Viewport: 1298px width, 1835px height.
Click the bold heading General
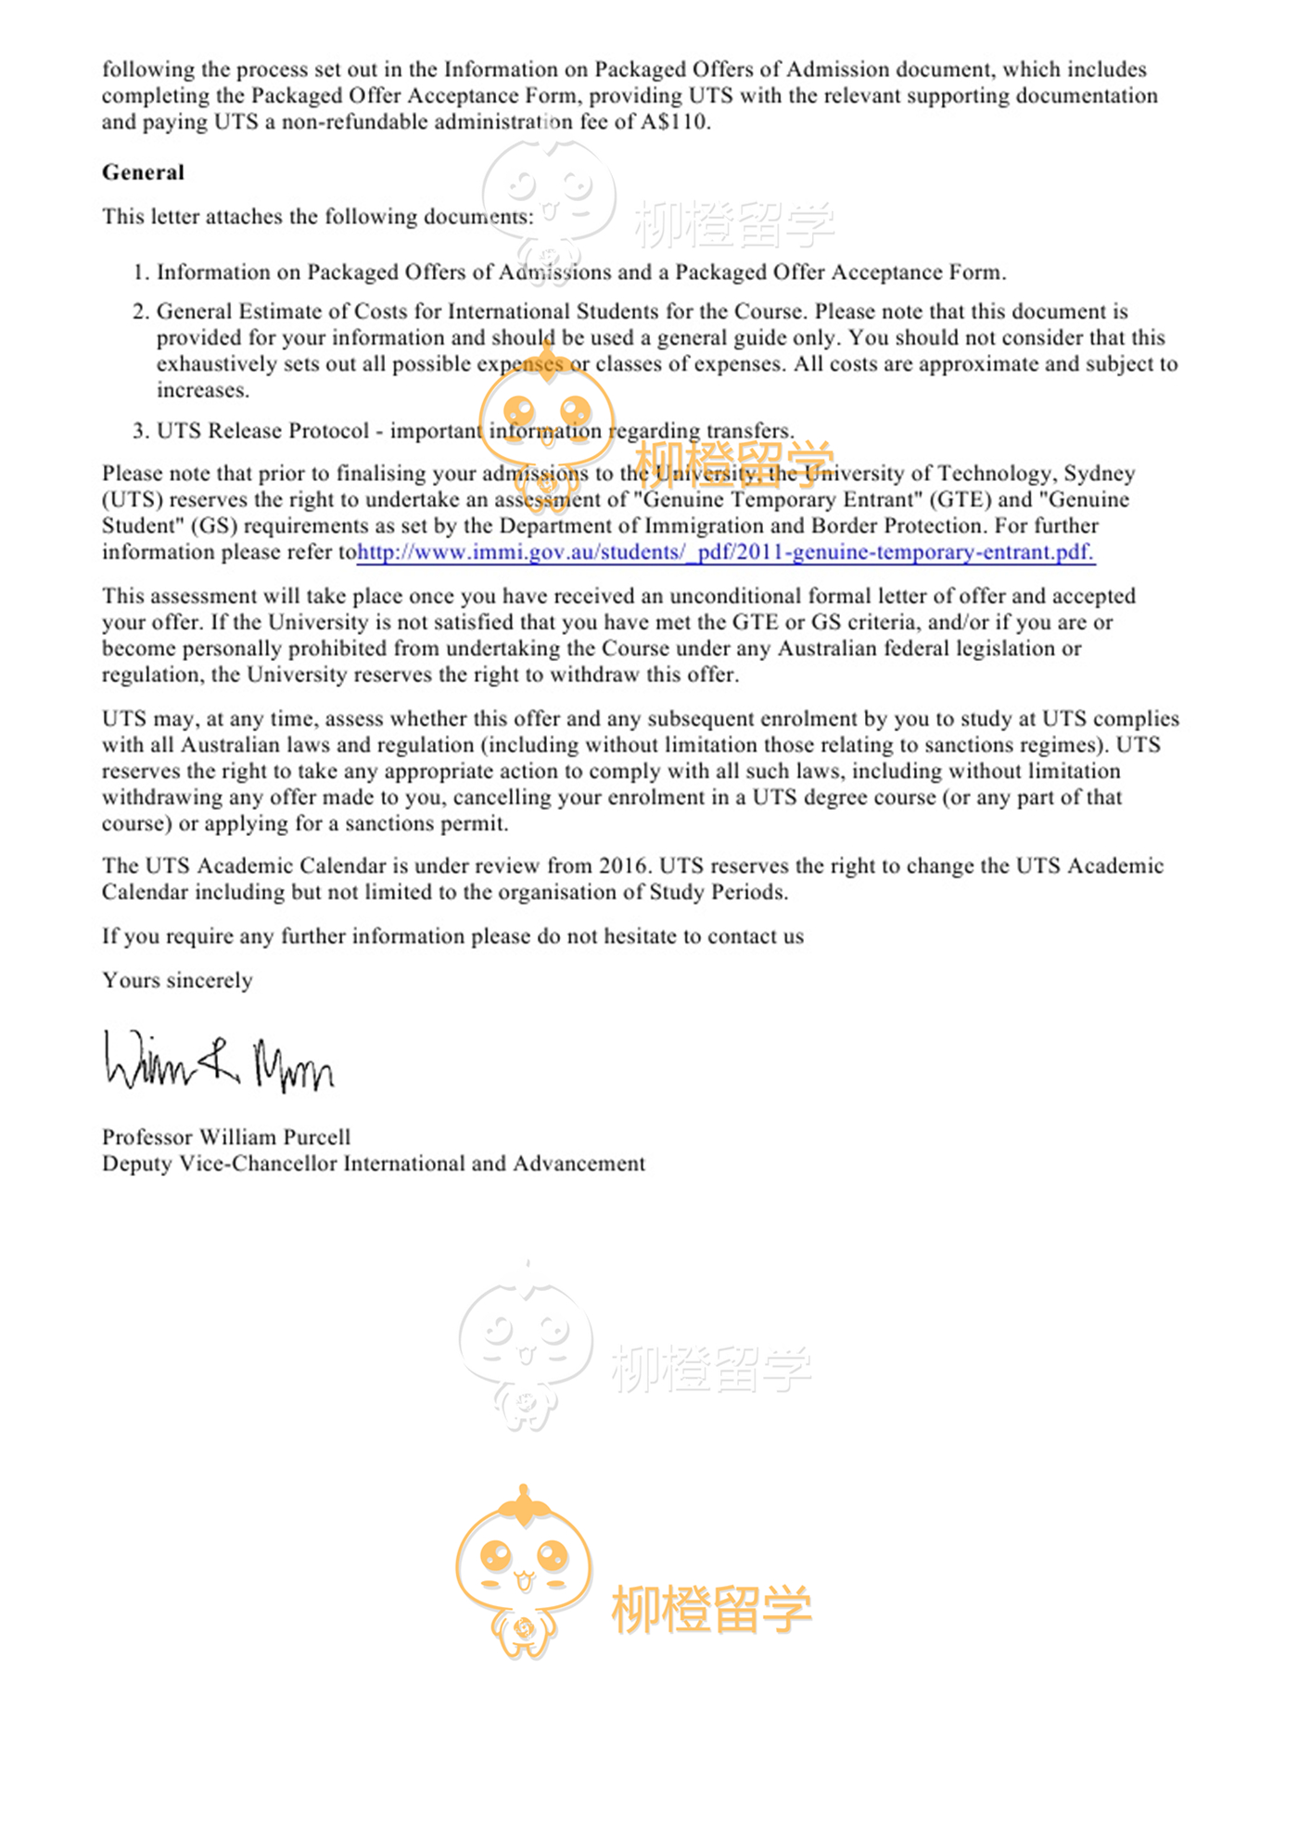[x=143, y=172]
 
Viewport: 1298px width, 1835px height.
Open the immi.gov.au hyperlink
[x=725, y=552]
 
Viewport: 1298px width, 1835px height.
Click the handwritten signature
[x=219, y=1062]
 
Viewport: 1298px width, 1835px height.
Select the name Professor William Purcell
[x=226, y=1137]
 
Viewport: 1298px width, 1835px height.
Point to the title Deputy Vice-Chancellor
[x=221, y=1164]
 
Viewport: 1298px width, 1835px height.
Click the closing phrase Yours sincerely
[x=177, y=981]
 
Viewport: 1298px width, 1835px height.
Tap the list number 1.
[x=139, y=272]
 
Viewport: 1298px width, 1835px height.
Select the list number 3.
[x=139, y=431]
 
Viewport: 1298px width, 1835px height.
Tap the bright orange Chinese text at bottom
[x=711, y=1609]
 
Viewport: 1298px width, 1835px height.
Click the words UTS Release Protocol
[x=262, y=431]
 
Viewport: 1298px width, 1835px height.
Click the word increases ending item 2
[x=202, y=390]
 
